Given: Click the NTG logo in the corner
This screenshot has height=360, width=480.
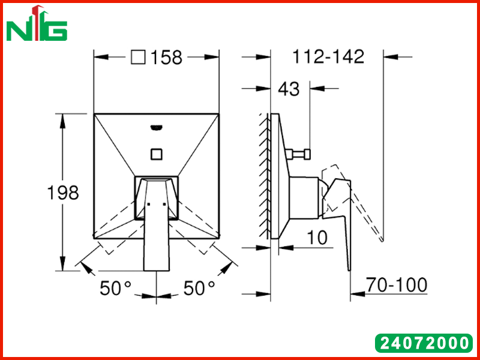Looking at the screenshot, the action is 37,24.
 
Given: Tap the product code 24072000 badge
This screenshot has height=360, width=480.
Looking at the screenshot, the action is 424,343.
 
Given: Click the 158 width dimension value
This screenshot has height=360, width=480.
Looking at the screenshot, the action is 167,57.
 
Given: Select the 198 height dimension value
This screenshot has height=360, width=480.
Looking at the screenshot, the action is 63,193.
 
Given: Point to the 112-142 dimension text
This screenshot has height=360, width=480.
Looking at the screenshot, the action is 328,56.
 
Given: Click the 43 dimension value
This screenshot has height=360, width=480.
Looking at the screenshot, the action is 289,89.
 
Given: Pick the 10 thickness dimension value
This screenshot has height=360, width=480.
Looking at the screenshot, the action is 317,237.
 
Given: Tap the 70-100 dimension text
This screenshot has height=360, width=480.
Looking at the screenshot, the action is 397,284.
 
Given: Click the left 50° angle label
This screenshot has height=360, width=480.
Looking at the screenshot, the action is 115,288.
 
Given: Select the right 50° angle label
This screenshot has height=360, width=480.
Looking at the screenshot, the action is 199,288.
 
